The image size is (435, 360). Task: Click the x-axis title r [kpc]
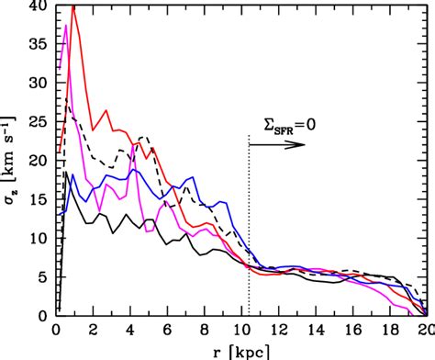240,350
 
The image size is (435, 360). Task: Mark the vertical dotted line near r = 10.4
249,230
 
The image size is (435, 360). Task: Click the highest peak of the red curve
72,6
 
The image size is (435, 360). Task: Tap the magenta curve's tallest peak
66,26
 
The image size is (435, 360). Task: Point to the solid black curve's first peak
67,172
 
